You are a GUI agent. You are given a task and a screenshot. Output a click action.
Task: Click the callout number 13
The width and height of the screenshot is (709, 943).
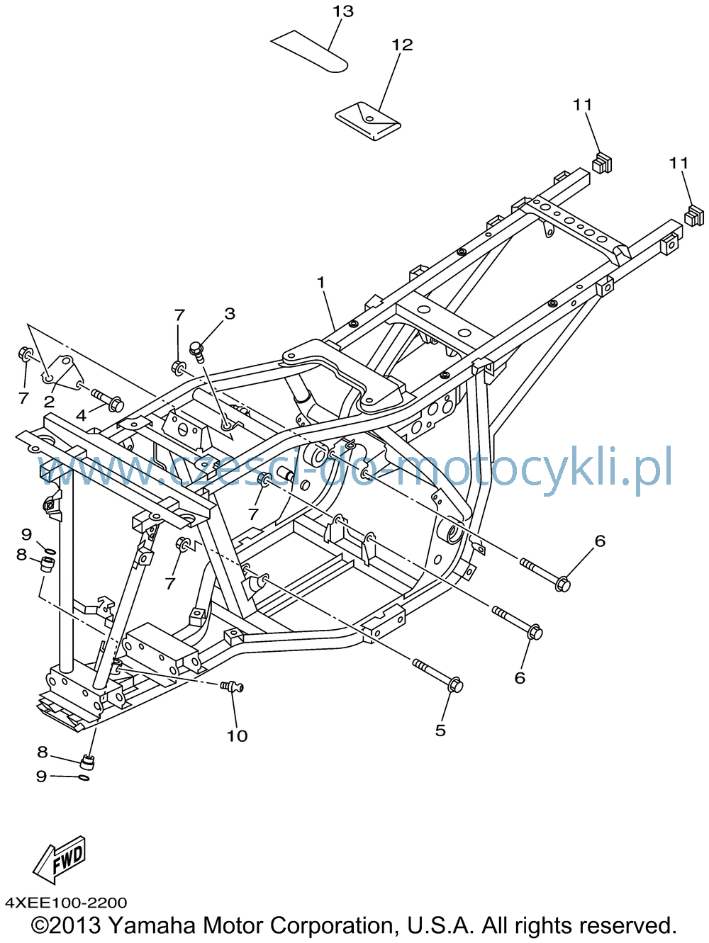coord(342,11)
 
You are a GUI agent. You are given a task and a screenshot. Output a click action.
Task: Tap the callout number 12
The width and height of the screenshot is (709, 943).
coord(402,45)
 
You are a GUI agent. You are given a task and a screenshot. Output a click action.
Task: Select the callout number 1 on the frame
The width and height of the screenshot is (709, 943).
coord(320,282)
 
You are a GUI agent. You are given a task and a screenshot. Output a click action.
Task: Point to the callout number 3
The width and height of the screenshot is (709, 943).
coord(230,314)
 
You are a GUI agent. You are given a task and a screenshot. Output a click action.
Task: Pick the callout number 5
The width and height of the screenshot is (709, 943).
coord(440,730)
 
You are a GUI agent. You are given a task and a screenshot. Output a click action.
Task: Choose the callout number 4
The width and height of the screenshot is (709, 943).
coord(82,415)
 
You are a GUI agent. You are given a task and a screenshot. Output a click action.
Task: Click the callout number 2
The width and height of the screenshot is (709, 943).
coord(49,402)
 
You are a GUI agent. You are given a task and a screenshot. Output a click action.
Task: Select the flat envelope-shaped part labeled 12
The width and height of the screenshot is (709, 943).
coord(367,120)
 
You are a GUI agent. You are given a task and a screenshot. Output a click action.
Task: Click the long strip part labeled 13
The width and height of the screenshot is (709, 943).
coord(309,52)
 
